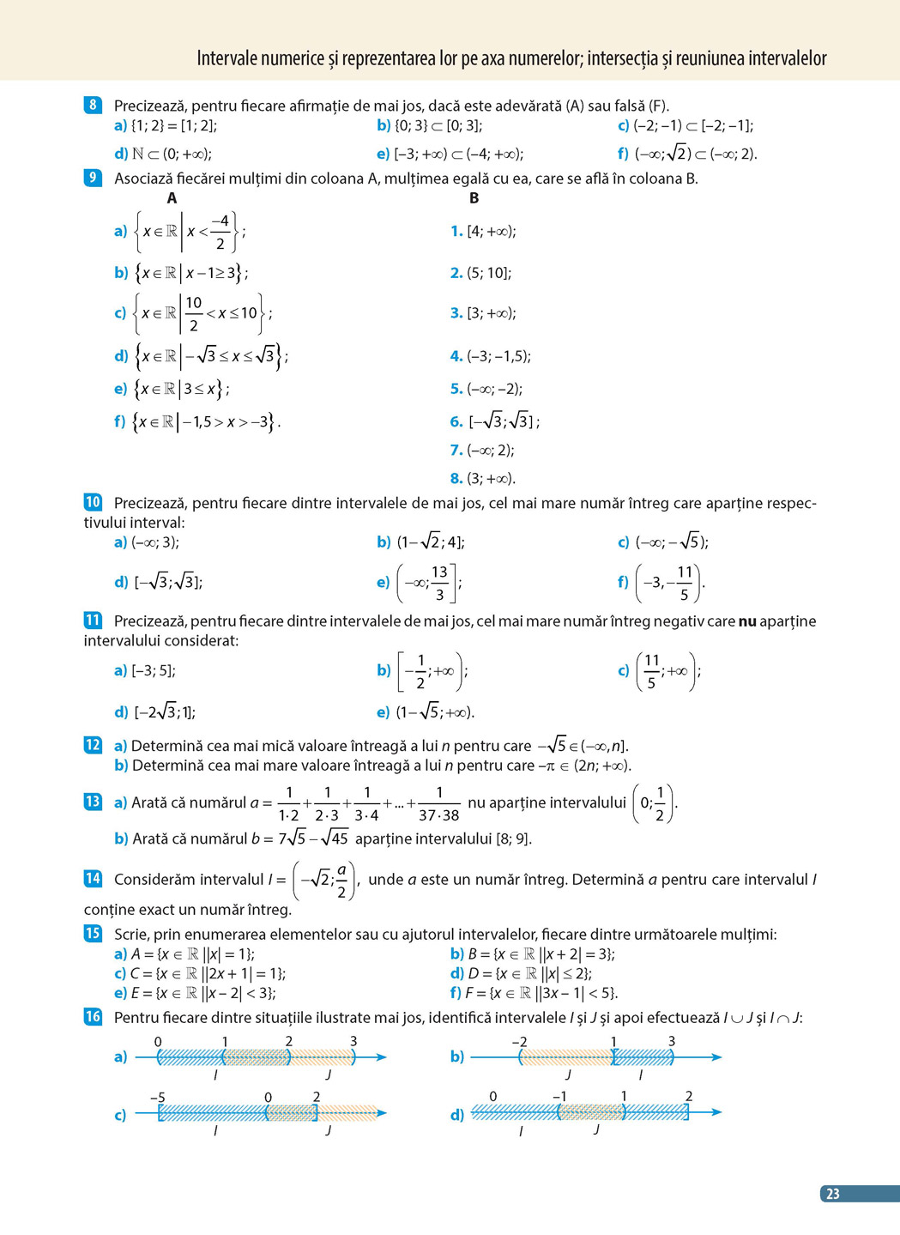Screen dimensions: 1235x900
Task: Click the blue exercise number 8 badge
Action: (x=93, y=106)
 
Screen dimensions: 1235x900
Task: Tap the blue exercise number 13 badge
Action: (x=93, y=802)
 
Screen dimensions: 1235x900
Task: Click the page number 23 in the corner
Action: (x=832, y=1194)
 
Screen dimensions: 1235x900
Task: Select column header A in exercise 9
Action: (x=172, y=198)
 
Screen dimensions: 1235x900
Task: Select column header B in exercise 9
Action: (x=474, y=198)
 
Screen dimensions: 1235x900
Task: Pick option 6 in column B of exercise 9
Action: (x=496, y=421)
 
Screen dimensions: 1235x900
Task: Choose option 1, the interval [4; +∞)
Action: (x=484, y=231)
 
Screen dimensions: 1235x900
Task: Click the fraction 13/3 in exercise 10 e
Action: (x=439, y=583)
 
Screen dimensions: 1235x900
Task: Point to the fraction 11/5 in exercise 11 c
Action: (x=651, y=671)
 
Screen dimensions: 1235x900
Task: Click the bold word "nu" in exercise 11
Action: (x=747, y=621)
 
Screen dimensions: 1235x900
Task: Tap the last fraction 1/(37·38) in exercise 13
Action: (x=438, y=803)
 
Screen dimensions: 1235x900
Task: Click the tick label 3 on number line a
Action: (x=353, y=1042)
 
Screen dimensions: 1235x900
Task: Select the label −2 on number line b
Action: (x=519, y=1042)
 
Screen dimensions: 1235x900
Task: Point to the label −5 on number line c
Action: (x=157, y=1098)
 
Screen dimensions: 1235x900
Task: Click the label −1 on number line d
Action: (x=559, y=1096)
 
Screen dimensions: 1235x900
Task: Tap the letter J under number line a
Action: (x=328, y=1075)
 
